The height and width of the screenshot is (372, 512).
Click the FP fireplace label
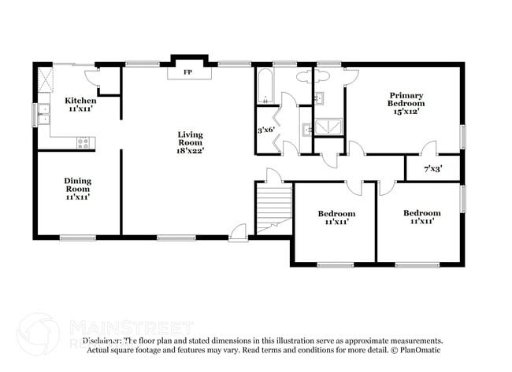pyautogui.click(x=187, y=72)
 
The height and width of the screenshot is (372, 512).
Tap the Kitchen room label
pyautogui.click(x=80, y=105)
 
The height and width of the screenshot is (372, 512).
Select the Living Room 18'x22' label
pyautogui.click(x=190, y=142)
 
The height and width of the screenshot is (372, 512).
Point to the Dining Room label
pyautogui.click(x=77, y=189)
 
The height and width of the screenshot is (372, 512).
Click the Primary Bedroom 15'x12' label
pyautogui.click(x=406, y=103)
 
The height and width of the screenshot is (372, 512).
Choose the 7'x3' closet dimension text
pyautogui.click(x=432, y=168)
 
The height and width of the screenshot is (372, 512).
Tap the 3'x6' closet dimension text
pyautogui.click(x=268, y=130)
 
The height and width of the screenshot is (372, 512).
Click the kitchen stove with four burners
pyautogui.click(x=84, y=142)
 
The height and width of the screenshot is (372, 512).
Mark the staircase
pyautogui.click(x=273, y=208)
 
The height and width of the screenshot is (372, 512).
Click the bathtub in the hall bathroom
pyautogui.click(x=265, y=86)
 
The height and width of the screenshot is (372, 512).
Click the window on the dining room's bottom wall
pyautogui.click(x=76, y=238)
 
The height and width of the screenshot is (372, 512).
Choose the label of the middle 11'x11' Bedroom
pyautogui.click(x=336, y=218)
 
